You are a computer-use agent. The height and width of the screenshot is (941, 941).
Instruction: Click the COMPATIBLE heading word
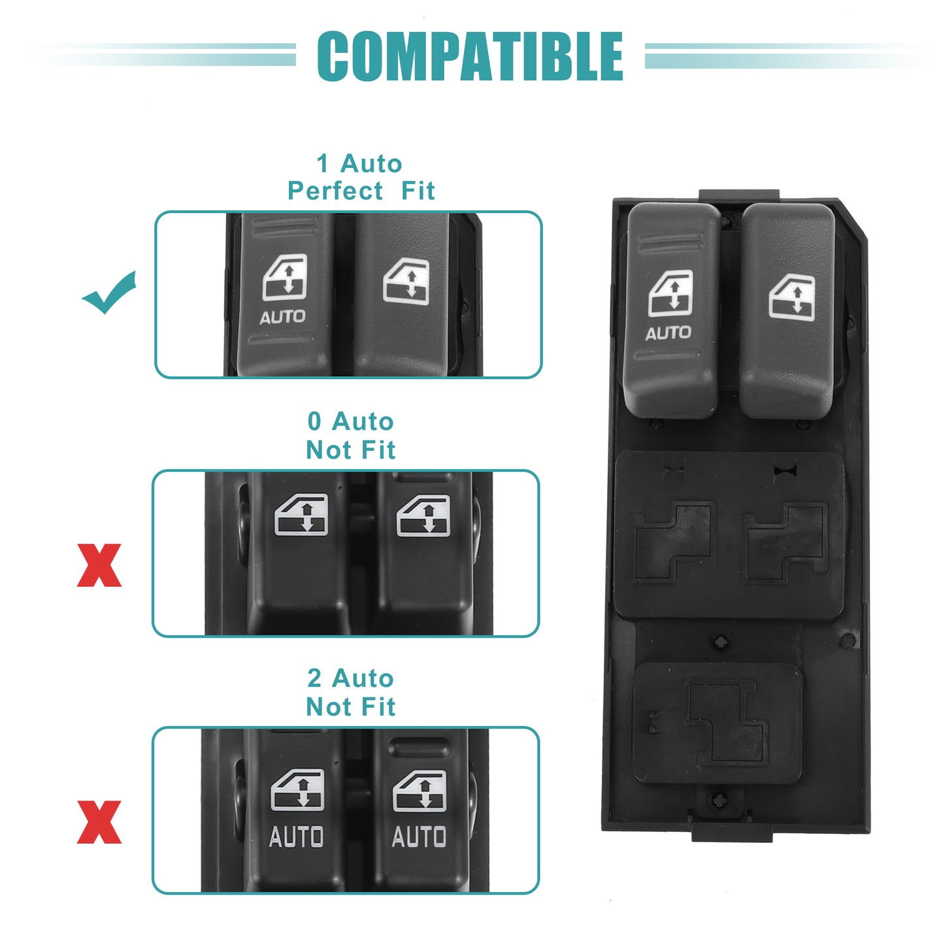[470, 56]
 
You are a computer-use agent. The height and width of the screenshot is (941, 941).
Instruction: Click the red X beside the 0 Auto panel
[99, 565]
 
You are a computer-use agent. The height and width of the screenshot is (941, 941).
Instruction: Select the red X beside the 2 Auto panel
[99, 822]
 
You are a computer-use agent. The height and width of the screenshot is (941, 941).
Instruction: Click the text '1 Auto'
[359, 163]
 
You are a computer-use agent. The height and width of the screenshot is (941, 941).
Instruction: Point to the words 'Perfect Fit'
[361, 190]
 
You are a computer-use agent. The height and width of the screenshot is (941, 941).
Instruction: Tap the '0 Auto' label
[351, 421]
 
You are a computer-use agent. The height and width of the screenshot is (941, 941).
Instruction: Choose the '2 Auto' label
[351, 678]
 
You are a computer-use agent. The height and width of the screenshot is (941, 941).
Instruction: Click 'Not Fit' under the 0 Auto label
[351, 449]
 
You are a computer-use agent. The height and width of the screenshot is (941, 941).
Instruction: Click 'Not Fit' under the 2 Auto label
[351, 706]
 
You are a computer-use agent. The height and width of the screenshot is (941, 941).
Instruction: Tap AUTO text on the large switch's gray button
[669, 333]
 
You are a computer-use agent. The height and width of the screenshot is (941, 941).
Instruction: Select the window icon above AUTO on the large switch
[670, 294]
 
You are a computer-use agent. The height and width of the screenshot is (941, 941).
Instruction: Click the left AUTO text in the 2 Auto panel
[297, 836]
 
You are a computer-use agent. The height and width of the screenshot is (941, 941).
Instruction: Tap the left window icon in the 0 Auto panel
[301, 515]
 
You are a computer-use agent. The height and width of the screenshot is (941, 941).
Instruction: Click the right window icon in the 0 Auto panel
[423, 516]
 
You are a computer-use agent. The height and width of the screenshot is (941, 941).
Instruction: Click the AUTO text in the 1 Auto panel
[282, 318]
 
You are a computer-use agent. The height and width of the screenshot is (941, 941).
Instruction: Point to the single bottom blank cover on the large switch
[718, 723]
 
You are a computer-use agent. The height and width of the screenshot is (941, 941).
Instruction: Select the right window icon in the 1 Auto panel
[406, 281]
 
